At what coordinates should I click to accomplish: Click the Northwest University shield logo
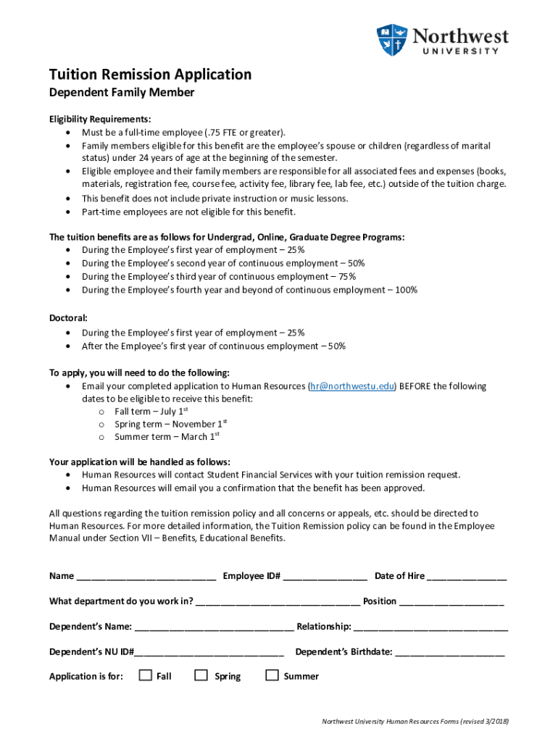pos(392,41)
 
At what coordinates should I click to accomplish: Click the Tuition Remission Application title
pos(150,75)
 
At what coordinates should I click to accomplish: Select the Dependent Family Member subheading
pos(121,93)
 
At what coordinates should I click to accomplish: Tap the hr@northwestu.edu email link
pos(352,386)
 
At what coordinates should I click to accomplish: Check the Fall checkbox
pos(145,675)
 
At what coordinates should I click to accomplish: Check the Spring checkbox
pos(201,675)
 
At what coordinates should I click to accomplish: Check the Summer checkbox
pos(272,675)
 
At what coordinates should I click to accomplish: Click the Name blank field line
pos(146,578)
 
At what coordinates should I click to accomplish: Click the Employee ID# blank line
pos(325,578)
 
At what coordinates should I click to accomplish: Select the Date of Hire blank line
pos(467,578)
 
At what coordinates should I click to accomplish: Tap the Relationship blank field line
pos(430,628)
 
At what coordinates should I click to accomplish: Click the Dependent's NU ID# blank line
pos(209,653)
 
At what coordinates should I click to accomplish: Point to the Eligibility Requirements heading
pos(100,119)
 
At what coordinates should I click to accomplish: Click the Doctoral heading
pos(68,318)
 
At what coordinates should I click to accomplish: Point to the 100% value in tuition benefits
pos(406,290)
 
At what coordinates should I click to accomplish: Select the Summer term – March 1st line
pos(166,437)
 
